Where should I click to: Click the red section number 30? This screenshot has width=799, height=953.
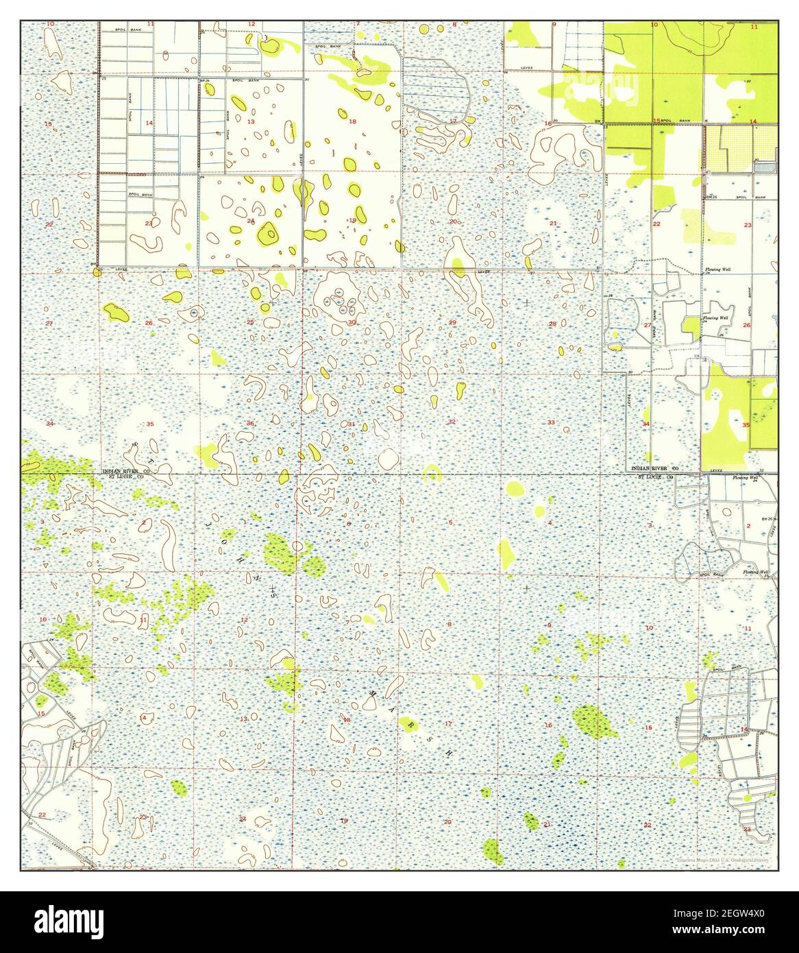352,322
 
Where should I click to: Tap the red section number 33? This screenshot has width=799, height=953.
551,422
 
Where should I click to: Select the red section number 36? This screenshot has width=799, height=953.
250,424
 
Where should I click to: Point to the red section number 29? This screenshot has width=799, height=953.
452,322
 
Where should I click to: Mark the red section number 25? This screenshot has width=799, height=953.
251,322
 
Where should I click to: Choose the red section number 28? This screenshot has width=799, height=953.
552,324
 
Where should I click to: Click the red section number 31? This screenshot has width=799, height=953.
352,424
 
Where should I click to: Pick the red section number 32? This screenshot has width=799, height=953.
452,422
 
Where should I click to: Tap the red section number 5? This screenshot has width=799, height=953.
450,523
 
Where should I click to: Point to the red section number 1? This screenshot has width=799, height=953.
245,523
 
